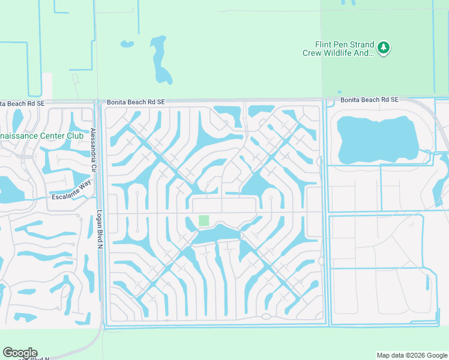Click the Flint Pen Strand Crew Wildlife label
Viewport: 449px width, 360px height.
tap(338, 49)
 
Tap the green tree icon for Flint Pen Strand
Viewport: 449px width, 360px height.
tap(384, 47)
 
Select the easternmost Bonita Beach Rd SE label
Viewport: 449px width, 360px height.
tap(369, 100)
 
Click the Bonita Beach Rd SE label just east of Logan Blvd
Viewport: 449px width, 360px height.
tap(136, 103)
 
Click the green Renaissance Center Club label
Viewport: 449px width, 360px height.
tap(41, 136)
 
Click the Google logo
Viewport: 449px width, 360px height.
tap(20, 353)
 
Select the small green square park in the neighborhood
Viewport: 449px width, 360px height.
tap(204, 221)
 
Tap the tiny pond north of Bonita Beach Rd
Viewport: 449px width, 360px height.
tap(127, 44)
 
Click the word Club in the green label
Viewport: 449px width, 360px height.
tap(75, 136)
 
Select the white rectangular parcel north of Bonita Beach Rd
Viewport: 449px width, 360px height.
tap(47, 86)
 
